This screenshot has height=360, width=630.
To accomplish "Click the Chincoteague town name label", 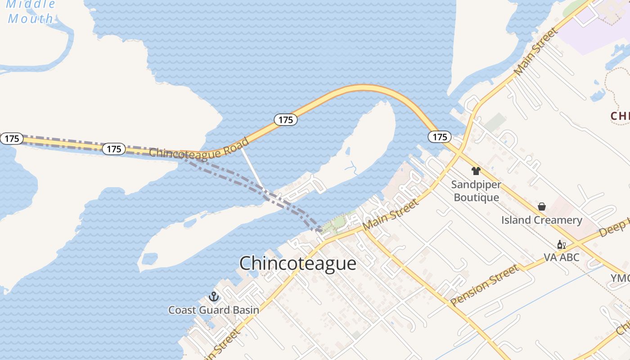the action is pos(297,263).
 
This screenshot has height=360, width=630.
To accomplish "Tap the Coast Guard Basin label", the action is pos(214,310).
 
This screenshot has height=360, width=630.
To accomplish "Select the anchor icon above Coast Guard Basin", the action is pos(214,297).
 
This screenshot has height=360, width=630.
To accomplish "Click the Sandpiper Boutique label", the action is pos(476,191).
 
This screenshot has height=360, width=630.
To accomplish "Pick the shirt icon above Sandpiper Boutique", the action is pos(476,171).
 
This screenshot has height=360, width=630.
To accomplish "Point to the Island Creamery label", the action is pos(542,220).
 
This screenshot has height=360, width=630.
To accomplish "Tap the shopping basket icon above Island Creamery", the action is pos(542,207).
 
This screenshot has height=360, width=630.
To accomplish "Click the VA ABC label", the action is pos(561,258).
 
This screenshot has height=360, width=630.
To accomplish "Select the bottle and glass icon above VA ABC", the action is pos(561,245).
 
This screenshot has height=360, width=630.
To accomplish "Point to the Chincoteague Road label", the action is pos(199,149).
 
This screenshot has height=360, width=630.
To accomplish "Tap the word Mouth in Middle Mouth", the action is pos(31,19).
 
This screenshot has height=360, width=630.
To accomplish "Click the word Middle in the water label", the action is pos(31,4).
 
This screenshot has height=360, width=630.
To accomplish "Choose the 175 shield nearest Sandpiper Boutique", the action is pos(439,137).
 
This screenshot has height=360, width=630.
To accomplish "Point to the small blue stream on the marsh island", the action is pos(351,168).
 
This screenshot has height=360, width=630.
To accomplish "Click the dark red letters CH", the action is pos(620,116).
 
